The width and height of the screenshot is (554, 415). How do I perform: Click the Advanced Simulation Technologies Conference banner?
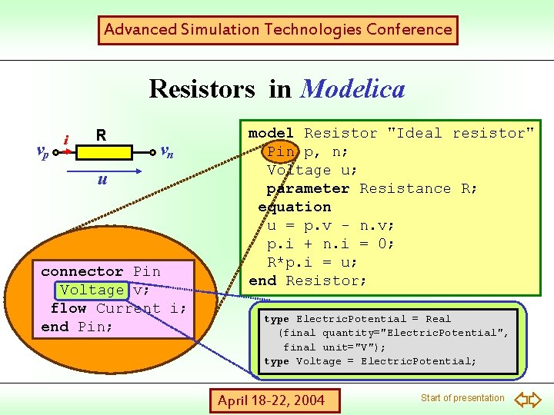tap(278, 30)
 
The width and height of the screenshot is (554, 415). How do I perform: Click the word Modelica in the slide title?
tap(353, 88)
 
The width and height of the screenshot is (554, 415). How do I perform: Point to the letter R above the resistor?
tap(101, 136)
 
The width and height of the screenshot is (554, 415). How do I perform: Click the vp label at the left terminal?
tap(43, 151)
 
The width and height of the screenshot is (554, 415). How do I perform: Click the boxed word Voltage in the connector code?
tap(92, 290)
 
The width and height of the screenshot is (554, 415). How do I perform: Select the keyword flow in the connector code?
tap(68, 308)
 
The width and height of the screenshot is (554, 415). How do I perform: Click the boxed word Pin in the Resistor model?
tap(281, 151)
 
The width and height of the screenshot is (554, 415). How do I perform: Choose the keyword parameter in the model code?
tap(308, 188)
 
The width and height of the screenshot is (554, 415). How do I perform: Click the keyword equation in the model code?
tap(295, 207)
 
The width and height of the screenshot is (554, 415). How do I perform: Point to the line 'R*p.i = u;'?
tap(312, 262)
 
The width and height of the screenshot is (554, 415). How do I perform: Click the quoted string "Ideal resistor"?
tap(461, 133)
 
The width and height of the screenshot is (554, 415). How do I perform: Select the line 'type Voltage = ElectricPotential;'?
tap(370, 361)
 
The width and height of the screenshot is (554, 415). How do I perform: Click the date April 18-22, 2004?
tap(271, 400)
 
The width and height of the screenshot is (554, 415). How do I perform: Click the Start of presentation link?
tap(462, 397)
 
